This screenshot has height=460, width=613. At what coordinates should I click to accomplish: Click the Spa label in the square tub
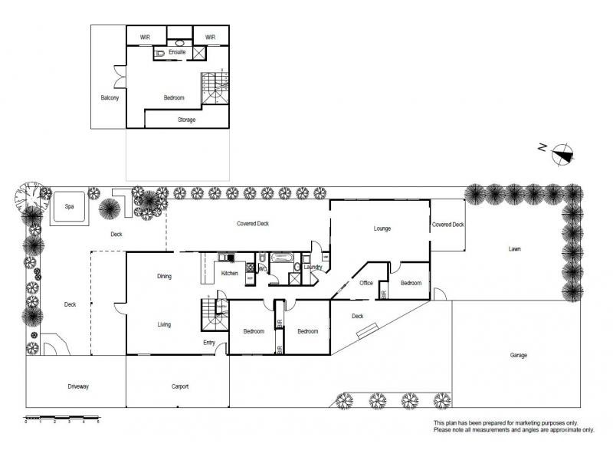(68, 207)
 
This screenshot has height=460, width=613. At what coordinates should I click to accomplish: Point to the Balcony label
(110, 98)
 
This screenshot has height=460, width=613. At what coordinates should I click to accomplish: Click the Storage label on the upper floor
(186, 120)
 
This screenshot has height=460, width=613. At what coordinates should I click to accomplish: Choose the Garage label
(519, 355)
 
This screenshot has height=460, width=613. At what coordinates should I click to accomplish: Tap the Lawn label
(516, 248)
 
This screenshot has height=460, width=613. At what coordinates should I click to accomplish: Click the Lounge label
(382, 228)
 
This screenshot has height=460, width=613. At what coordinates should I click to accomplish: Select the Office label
(366, 283)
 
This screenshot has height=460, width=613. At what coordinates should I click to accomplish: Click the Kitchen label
(229, 273)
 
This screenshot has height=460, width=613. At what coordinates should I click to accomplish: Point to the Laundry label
(312, 267)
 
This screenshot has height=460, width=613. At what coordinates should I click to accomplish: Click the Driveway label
(78, 386)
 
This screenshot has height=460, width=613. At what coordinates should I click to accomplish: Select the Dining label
(164, 276)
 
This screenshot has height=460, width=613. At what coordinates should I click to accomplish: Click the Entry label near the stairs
(208, 343)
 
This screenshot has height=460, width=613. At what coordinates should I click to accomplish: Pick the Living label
(164, 324)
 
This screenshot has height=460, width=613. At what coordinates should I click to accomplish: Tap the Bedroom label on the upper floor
(174, 98)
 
